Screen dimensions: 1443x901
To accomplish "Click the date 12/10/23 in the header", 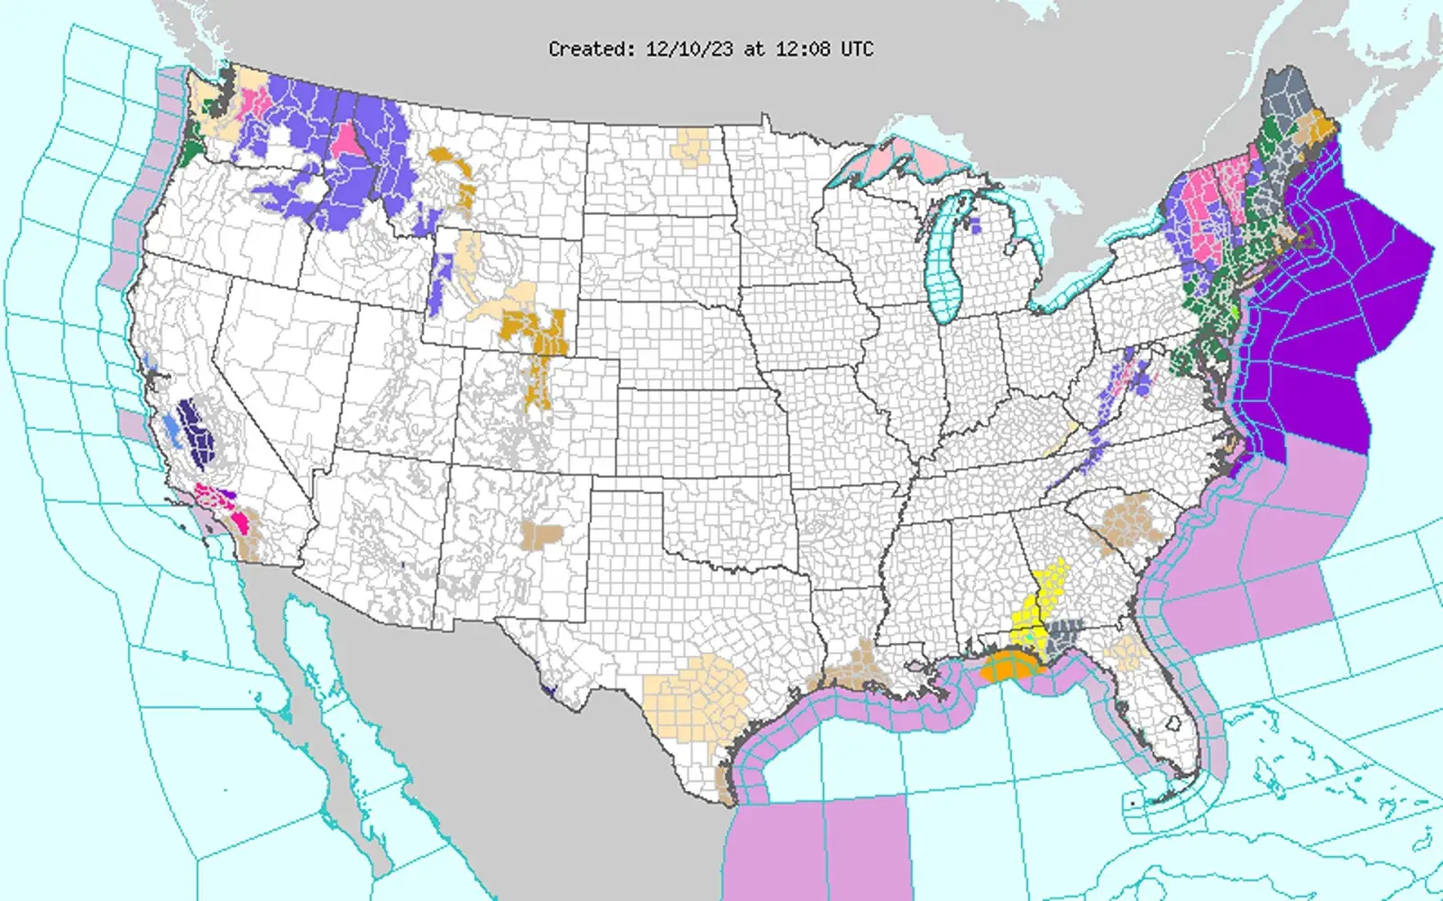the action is tap(689, 50).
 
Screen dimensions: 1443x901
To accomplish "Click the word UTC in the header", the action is tap(857, 50).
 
